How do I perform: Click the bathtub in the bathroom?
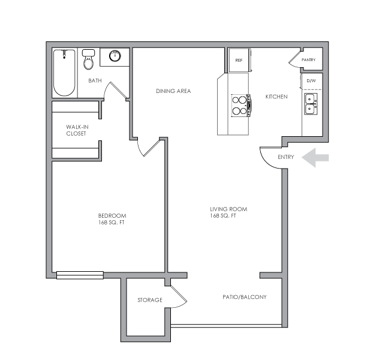[64, 73]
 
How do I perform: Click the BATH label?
[95, 80]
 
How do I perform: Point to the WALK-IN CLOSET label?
[76, 130]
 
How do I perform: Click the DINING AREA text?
[173, 91]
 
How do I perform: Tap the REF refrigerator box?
[238, 61]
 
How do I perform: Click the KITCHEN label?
[276, 97]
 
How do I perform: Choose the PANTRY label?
[308, 60]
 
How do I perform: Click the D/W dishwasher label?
[311, 81]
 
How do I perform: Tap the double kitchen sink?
[311, 103]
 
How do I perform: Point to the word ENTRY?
[285, 157]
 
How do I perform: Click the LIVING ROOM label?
[228, 212]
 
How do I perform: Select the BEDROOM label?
[112, 219]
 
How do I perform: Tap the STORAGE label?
[149, 299]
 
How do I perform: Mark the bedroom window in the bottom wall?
[80, 275]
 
